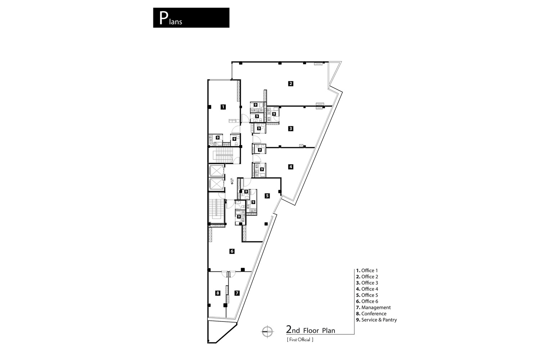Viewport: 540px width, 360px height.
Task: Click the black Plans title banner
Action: click(191, 18)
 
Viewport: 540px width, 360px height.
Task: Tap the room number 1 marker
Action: click(223, 107)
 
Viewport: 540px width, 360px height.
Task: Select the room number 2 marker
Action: click(291, 84)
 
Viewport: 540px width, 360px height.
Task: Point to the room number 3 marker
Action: click(291, 128)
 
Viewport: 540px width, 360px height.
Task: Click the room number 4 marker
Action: click(291, 167)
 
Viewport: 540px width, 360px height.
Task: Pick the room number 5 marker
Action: click(267, 196)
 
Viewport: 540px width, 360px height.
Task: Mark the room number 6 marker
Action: click(232, 251)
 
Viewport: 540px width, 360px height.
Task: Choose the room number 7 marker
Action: click(237, 293)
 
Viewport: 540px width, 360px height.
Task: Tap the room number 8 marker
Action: click(217, 293)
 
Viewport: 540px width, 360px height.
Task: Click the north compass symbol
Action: click(267, 332)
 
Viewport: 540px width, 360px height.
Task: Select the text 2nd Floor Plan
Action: click(310, 330)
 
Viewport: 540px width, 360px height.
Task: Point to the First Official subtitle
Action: click(300, 339)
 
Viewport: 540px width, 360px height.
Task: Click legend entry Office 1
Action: click(367, 270)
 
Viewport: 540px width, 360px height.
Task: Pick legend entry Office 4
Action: click(367, 289)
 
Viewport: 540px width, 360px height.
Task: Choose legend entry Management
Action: click(373, 307)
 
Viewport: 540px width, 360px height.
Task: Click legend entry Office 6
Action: click(367, 301)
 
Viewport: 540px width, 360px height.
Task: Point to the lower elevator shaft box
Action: click(216, 184)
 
